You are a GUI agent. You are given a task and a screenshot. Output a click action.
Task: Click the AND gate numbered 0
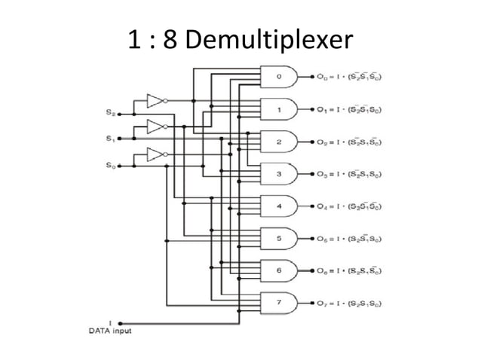click(x=277, y=76)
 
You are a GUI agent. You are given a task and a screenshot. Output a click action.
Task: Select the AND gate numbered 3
click(x=277, y=174)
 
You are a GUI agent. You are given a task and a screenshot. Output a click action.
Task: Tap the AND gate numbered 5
click(x=277, y=239)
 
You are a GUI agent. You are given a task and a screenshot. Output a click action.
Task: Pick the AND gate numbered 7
click(x=277, y=303)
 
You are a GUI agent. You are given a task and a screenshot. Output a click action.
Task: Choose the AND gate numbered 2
click(x=277, y=142)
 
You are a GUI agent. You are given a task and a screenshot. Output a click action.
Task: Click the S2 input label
click(x=111, y=111)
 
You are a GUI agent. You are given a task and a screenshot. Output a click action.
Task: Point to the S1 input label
click(x=111, y=138)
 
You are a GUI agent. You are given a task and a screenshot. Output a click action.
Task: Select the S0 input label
click(x=111, y=164)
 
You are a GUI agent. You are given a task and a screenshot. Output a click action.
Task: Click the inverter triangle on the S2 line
click(x=154, y=100)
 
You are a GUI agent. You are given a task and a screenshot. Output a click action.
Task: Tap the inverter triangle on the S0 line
click(x=154, y=155)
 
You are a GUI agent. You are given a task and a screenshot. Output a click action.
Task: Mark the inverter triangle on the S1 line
click(x=154, y=127)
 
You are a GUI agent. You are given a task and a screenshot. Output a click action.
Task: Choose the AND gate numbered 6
click(x=277, y=270)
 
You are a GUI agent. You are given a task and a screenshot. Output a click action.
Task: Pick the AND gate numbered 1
click(x=277, y=109)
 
